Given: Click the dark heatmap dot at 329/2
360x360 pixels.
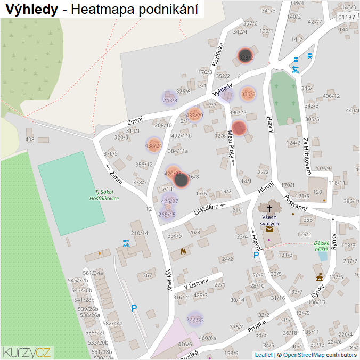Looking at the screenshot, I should [x=245, y=56].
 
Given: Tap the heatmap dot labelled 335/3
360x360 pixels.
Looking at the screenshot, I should [x=248, y=94].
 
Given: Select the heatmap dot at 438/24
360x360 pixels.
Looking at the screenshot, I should [x=153, y=145].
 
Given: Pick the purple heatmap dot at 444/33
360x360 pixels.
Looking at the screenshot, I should [x=195, y=320].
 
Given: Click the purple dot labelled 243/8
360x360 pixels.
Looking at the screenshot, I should [x=170, y=100].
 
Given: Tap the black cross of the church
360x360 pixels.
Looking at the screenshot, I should [x=269, y=208].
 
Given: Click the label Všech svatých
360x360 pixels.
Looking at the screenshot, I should [x=269, y=220].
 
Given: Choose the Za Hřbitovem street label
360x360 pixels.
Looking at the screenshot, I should [x=307, y=156].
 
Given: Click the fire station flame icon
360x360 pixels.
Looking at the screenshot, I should [x=183, y=251].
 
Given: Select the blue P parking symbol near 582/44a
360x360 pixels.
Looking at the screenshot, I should [x=134, y=308].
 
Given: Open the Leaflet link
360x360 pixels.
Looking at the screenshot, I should [x=264, y=355].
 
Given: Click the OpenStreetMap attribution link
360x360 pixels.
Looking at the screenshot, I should [x=304, y=355].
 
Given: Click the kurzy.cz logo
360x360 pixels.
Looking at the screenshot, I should [x=27, y=351].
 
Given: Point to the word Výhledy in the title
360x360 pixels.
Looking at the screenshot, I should [x=31, y=9].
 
